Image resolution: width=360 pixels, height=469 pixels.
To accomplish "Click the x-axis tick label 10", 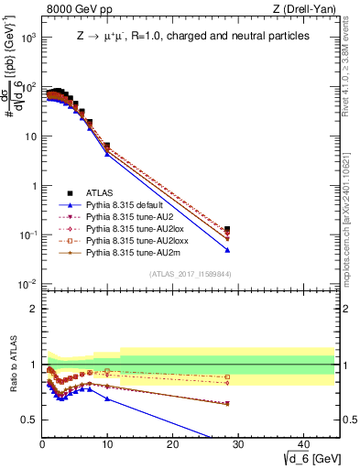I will [107, 443].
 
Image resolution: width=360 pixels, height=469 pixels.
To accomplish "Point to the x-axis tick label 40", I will [302, 443].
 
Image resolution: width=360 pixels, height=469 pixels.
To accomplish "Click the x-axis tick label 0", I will [42, 443].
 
